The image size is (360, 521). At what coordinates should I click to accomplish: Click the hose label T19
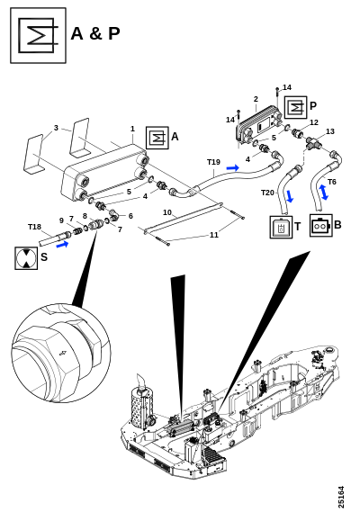point(213,162)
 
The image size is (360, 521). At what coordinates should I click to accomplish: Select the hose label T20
point(267,193)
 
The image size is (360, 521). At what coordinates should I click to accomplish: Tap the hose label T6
point(332,182)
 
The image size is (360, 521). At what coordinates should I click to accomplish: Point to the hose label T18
point(34,227)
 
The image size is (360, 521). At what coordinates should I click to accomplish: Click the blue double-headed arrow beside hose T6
point(323,193)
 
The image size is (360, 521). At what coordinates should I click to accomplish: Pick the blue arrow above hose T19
point(233,167)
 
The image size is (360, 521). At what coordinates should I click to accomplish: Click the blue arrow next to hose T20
point(290,196)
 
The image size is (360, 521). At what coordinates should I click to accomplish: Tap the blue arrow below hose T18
point(62,245)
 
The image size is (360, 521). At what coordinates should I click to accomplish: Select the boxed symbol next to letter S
point(26,258)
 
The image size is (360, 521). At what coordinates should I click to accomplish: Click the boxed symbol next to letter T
point(281,227)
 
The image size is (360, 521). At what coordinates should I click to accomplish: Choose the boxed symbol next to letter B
point(321,225)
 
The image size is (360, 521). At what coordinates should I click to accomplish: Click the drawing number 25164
point(341,497)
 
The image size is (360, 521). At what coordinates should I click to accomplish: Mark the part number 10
point(167,212)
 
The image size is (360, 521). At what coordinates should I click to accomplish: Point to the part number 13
point(329,131)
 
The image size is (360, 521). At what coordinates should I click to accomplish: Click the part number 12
point(314,122)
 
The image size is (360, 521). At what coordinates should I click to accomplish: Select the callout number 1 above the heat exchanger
point(132,129)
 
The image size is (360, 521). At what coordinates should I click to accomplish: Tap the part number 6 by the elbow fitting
point(130,216)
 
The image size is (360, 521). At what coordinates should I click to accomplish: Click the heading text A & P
point(95,33)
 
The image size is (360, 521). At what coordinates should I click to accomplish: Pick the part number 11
point(213,235)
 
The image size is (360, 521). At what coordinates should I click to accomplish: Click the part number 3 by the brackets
point(56,128)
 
